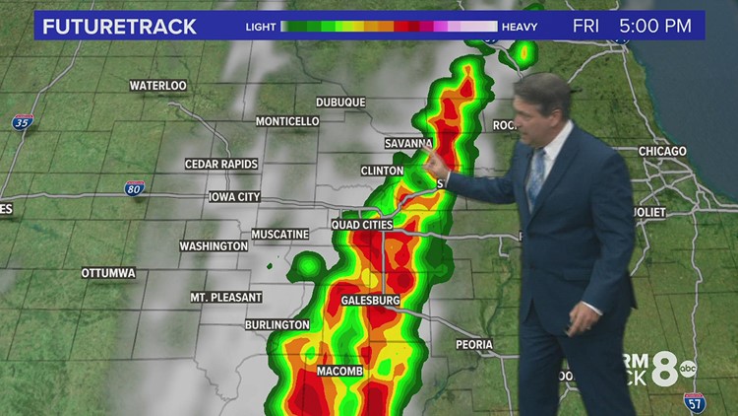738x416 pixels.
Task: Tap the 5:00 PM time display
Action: [660, 25]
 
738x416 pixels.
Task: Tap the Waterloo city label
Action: [157, 86]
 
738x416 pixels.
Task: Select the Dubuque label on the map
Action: [340, 103]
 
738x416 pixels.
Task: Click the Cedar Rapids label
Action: [221, 164]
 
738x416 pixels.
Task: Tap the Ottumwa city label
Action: [108, 272]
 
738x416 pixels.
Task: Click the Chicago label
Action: [662, 151]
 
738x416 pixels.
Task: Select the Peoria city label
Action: [480, 345]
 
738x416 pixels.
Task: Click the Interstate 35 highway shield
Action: [24, 121]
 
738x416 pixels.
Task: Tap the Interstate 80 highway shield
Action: [135, 187]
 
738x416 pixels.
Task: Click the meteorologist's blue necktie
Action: [536, 175]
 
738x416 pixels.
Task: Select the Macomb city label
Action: [340, 371]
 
